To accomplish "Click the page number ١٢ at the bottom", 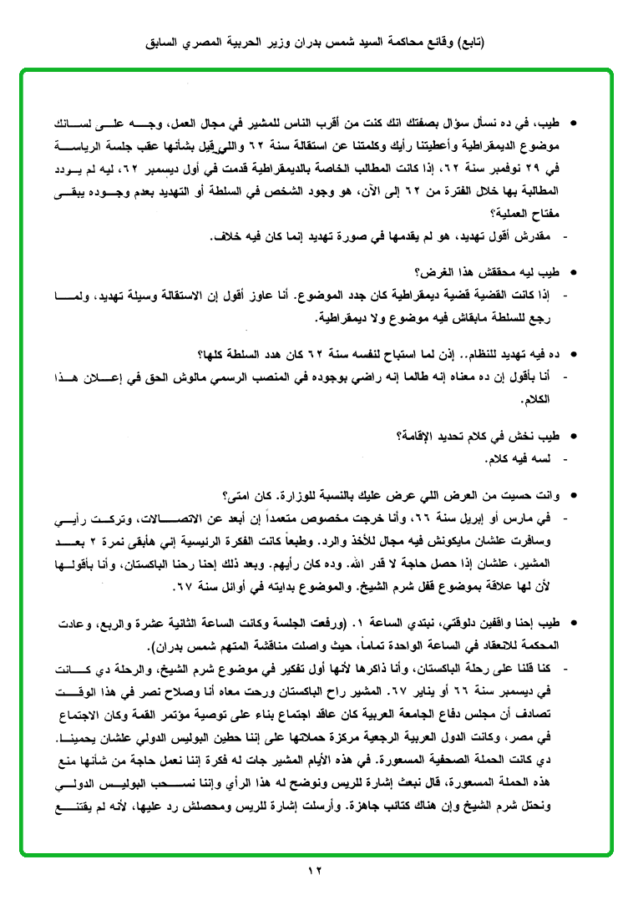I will [315, 872].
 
